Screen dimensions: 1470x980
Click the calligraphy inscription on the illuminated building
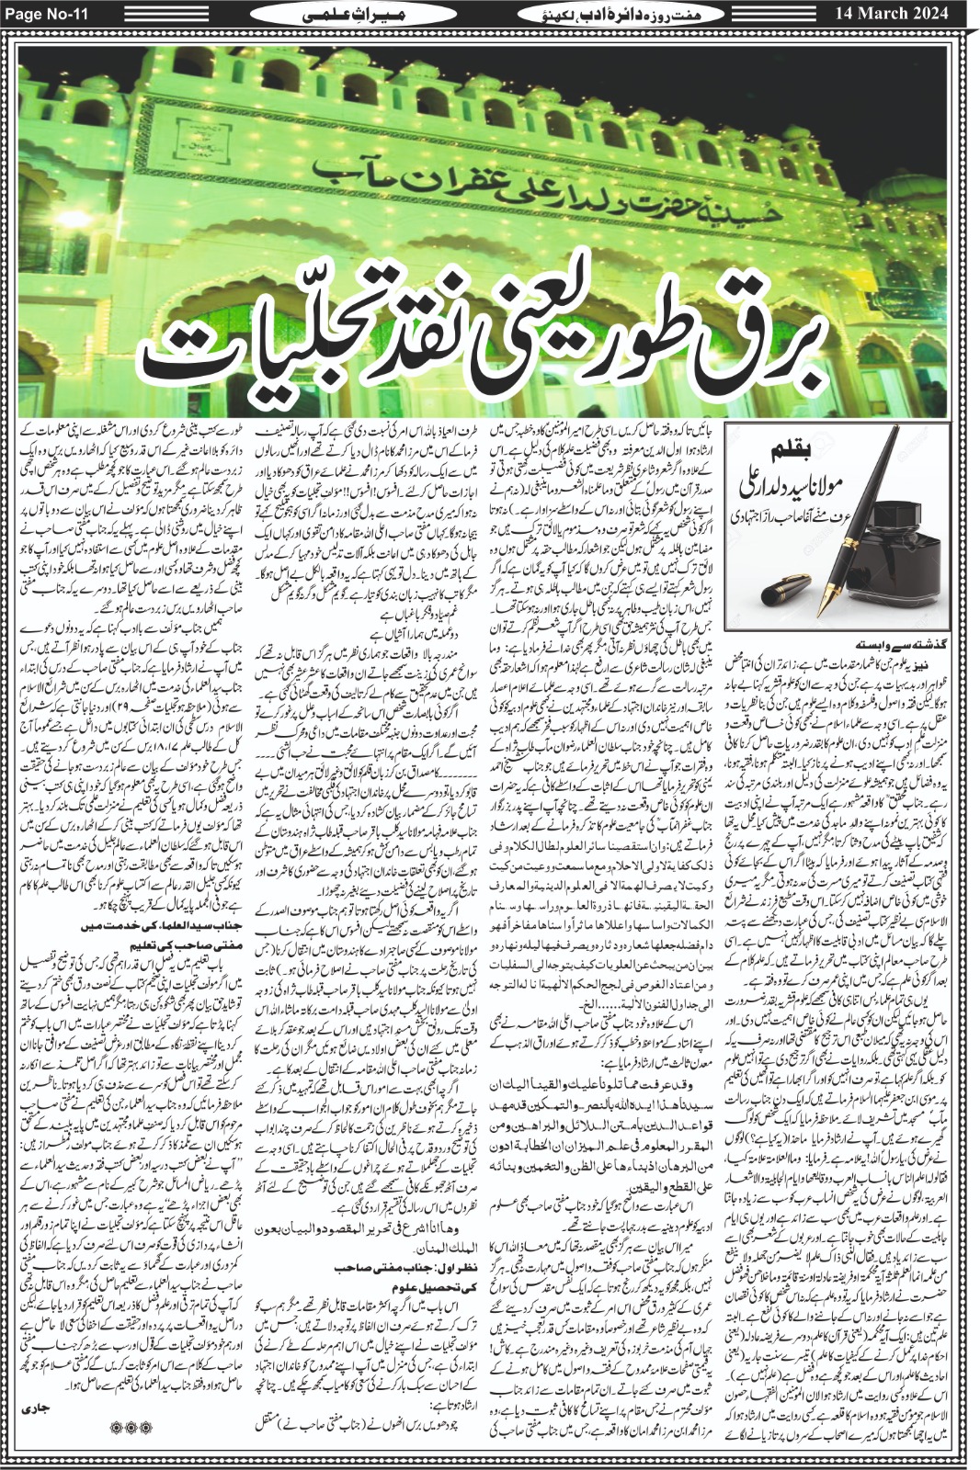[496, 175]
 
